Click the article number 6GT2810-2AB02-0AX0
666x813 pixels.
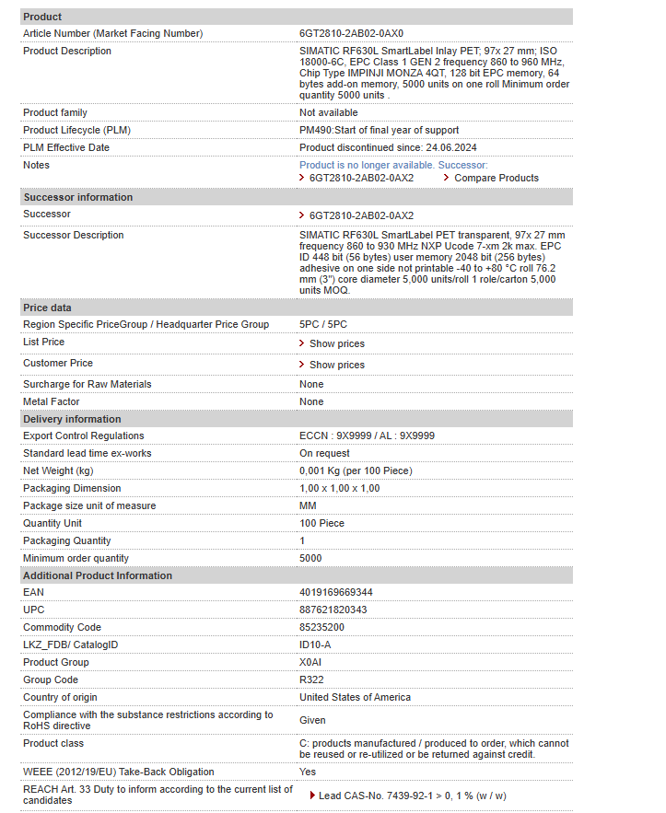point(351,33)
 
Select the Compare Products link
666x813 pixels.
point(497,178)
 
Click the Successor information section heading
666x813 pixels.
point(78,197)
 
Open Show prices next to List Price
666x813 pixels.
point(336,343)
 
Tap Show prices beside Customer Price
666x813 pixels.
point(336,365)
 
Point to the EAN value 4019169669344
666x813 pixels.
point(336,592)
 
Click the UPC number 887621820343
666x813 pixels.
point(333,610)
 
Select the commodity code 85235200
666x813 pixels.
point(322,627)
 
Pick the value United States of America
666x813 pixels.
point(355,697)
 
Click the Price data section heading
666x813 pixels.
point(47,308)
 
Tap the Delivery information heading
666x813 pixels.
point(72,419)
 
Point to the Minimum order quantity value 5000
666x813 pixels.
point(310,558)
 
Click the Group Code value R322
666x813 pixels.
point(311,679)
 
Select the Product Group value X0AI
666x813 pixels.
point(310,662)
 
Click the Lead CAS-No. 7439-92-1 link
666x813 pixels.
point(412,796)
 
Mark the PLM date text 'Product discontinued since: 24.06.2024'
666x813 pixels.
point(388,147)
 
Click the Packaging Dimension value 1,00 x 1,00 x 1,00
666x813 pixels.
point(339,488)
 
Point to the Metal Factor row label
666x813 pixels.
point(52,401)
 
